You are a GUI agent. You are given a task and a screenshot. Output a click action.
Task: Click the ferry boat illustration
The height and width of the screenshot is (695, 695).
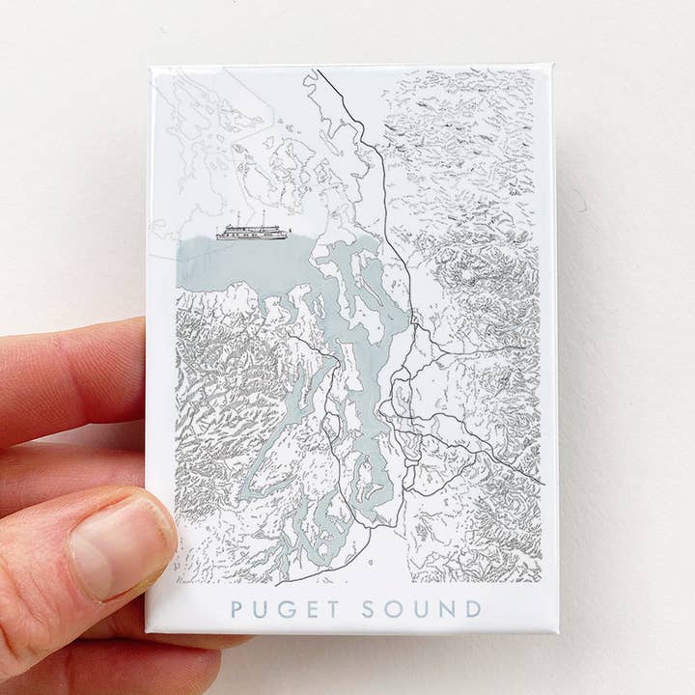(x=252, y=232)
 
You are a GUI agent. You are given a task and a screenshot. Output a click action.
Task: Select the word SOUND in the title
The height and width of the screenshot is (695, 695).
(x=421, y=609)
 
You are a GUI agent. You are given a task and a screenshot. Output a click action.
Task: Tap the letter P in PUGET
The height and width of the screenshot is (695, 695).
(x=237, y=609)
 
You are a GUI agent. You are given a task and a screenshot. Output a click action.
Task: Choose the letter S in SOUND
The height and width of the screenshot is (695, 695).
(x=369, y=609)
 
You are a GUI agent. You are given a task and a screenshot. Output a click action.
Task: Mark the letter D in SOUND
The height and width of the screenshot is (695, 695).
(x=472, y=609)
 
